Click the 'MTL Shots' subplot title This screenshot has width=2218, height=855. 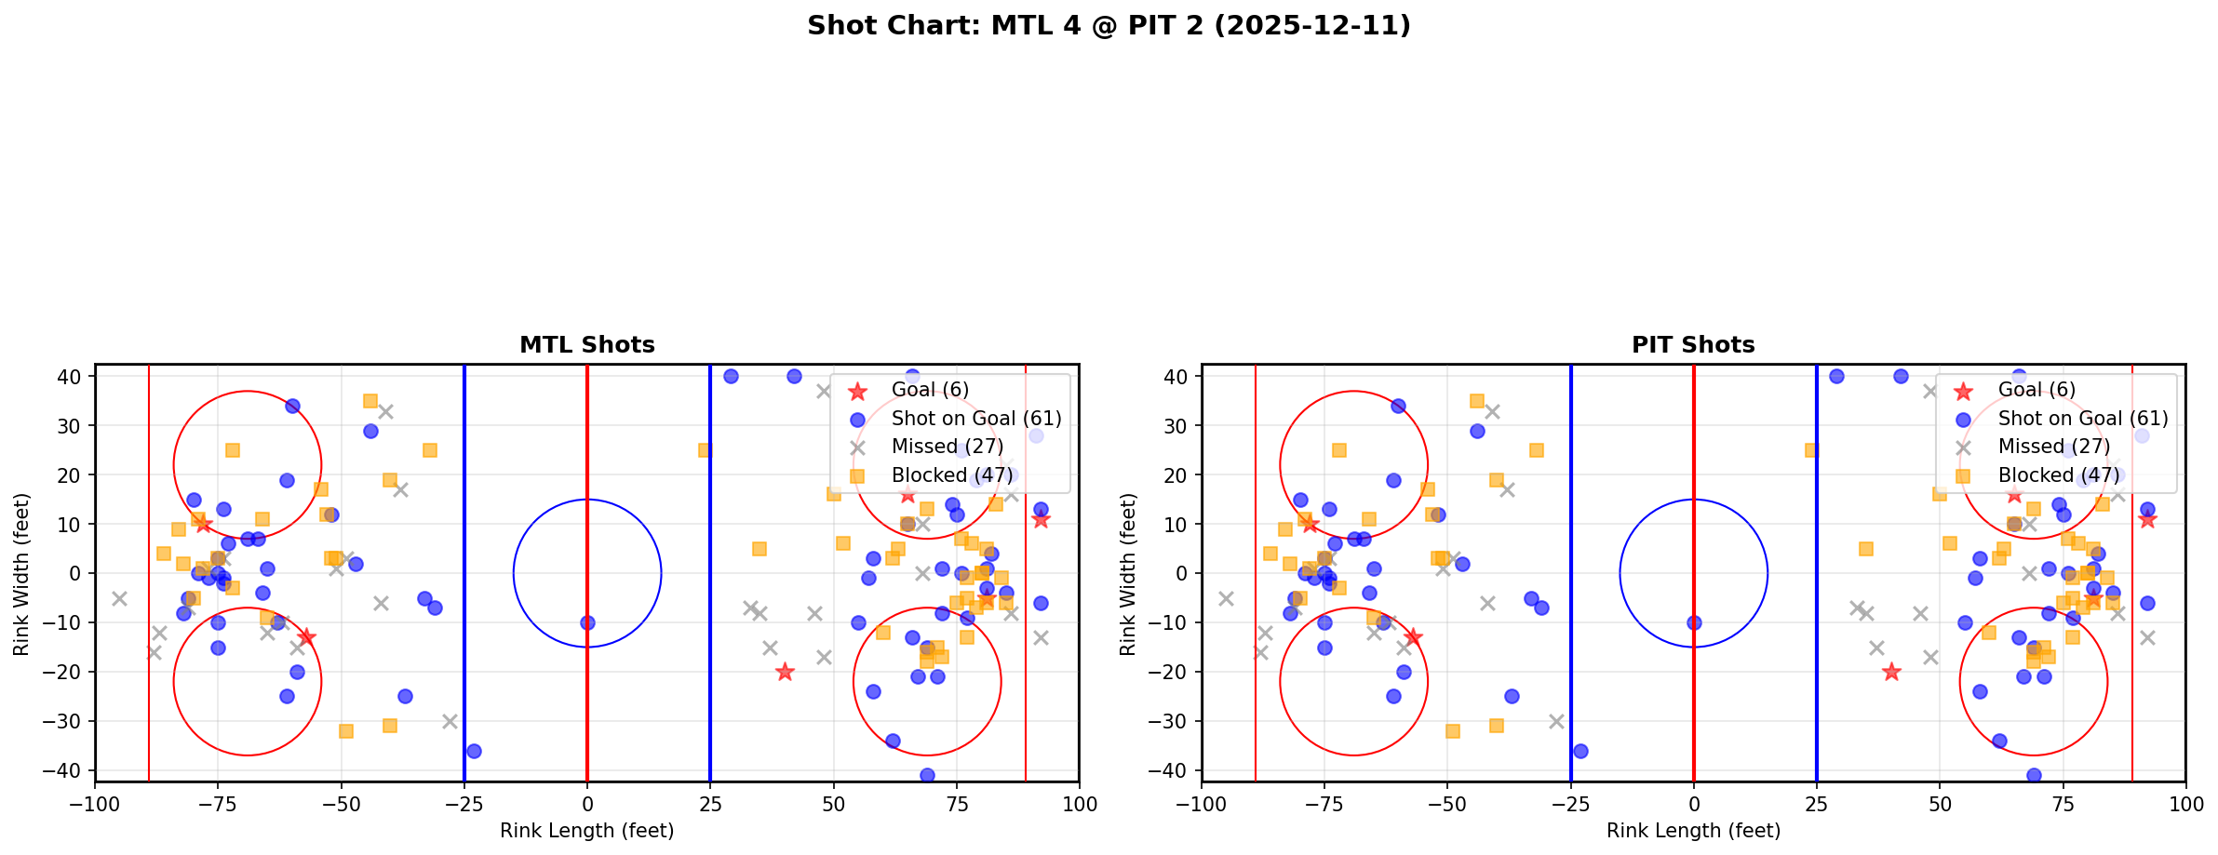click(x=587, y=345)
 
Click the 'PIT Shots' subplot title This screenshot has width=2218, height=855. click(x=1693, y=345)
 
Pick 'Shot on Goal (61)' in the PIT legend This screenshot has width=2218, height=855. click(x=2083, y=419)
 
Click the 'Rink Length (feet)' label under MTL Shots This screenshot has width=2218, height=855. click(x=587, y=831)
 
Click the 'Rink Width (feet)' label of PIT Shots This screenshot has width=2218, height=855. click(x=1128, y=574)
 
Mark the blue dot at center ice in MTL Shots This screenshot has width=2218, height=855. click(x=587, y=622)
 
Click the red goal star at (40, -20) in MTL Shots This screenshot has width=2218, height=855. click(x=785, y=672)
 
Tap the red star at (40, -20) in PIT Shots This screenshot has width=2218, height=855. click(x=1891, y=672)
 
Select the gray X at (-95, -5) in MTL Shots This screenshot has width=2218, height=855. click(x=119, y=598)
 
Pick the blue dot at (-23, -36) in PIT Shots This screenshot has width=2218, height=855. click(x=1580, y=751)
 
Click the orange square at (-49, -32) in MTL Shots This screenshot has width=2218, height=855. click(x=346, y=731)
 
